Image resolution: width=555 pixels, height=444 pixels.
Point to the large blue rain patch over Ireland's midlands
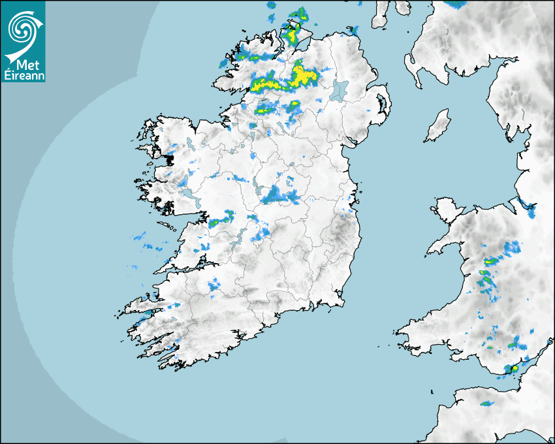279,195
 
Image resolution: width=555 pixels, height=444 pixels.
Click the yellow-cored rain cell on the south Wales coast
514,369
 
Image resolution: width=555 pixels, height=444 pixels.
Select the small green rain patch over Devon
485,403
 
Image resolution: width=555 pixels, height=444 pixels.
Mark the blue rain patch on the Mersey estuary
530,210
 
